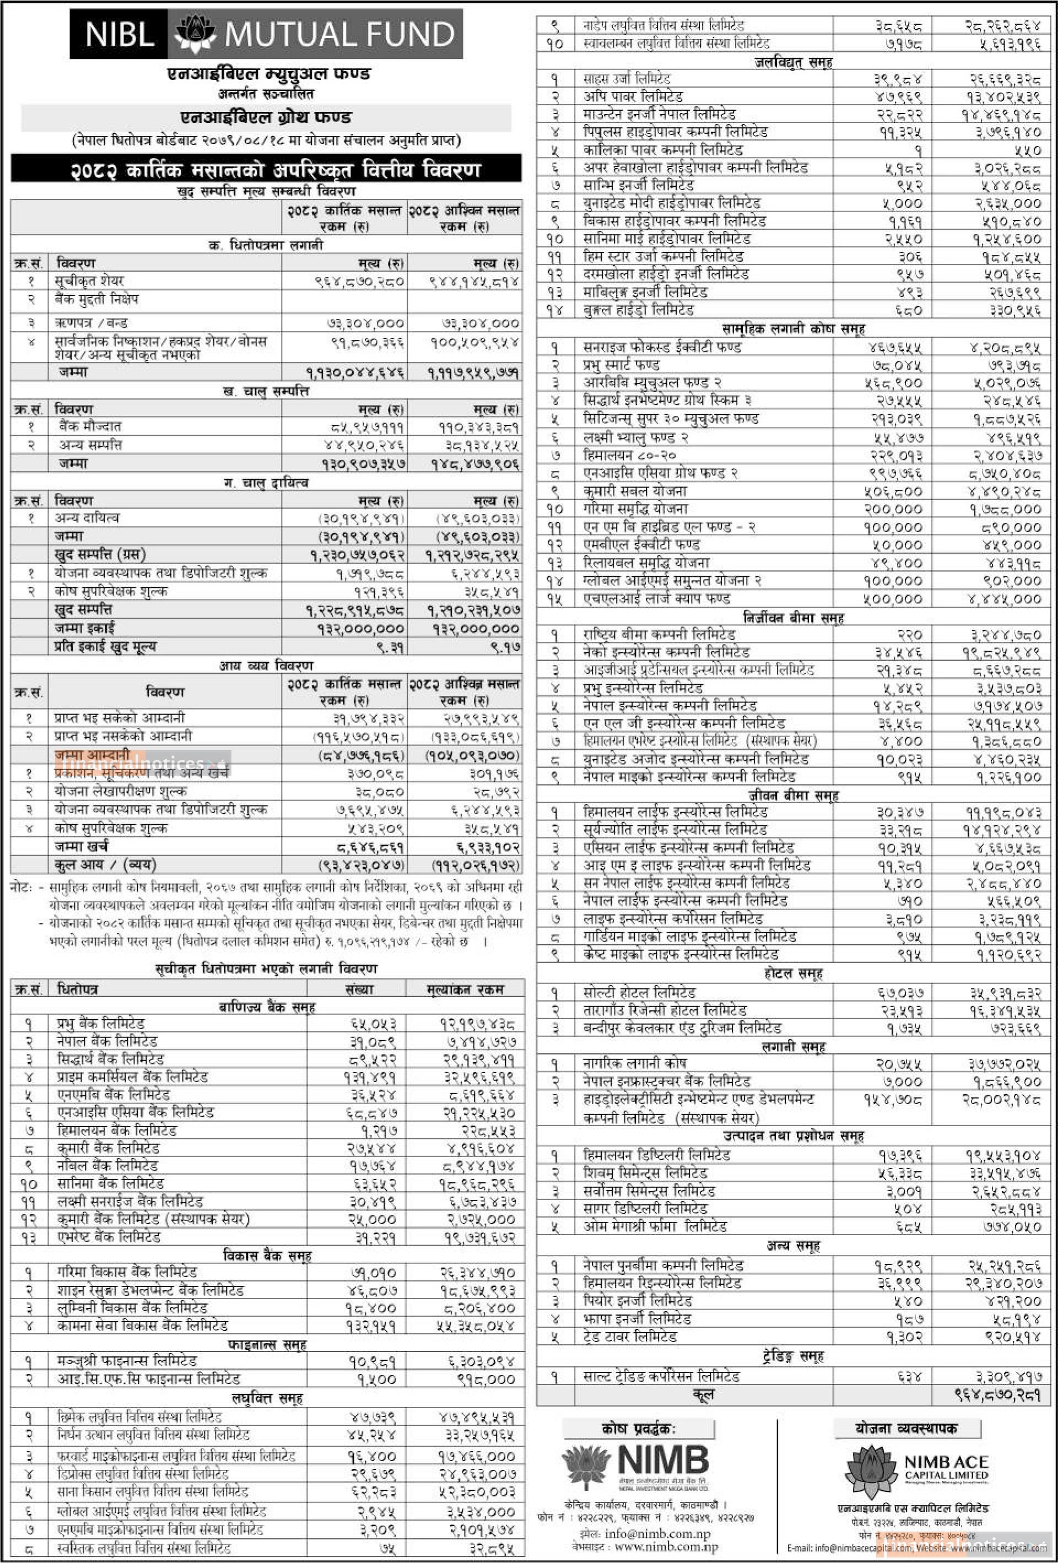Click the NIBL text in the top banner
pos(120,34)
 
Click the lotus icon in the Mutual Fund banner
pos(196,34)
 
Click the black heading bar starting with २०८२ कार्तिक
pos(266,169)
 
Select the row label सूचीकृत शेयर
pos(89,281)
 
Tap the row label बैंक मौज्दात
pos(89,426)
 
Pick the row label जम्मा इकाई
pos(85,628)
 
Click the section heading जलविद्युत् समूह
pos(793,62)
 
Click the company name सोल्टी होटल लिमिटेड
pos(639,993)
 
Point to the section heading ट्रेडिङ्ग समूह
pos(793,1356)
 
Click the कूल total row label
pos(703,1394)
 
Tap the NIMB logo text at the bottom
pos(662,1460)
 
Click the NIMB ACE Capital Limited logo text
pos(945,1467)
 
